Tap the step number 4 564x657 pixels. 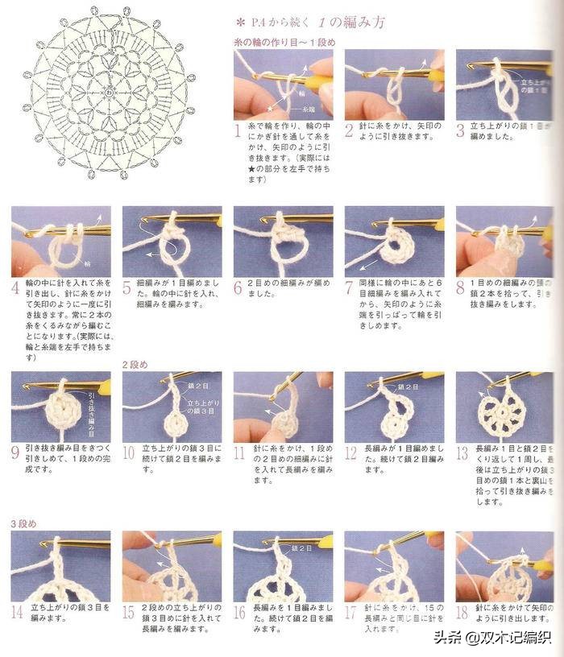15,287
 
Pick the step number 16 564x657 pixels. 239,612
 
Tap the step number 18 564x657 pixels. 462,612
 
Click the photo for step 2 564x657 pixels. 393,85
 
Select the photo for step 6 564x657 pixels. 283,241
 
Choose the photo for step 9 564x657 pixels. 60,407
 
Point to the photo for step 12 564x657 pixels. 393,407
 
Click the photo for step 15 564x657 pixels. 172,566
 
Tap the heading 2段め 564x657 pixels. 135,365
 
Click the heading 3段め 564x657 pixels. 23,523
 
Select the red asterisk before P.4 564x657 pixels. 239,22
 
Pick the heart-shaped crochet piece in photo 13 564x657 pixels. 501,411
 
